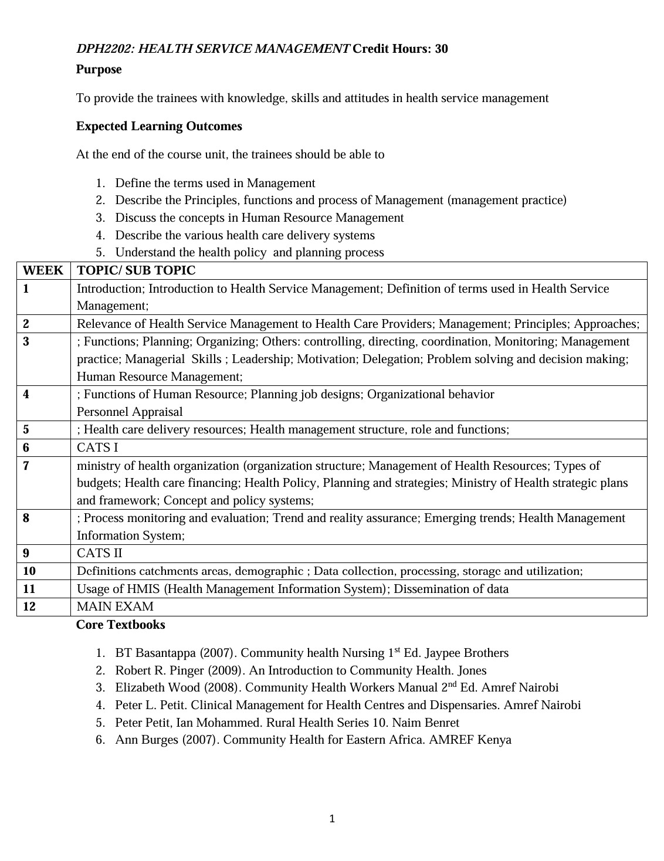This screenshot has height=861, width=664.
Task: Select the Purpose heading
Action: (99, 69)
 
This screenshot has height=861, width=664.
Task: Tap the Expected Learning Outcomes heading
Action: (159, 126)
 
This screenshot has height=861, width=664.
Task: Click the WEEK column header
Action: (43, 270)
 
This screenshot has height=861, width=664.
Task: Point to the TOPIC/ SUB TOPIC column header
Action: (136, 270)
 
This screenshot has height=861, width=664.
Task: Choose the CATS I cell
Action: (97, 448)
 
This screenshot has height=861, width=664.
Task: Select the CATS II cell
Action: (100, 553)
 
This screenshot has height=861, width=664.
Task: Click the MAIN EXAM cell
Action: (115, 606)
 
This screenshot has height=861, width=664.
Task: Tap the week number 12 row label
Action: (29, 606)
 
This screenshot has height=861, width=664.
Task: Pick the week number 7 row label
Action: (26, 466)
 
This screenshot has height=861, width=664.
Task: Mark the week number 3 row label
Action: (26, 341)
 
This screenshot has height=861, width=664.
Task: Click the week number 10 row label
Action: (29, 571)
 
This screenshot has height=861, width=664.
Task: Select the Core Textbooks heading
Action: (120, 625)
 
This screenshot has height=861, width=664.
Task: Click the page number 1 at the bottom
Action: (332, 819)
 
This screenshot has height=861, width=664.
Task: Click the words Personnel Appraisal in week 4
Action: (130, 412)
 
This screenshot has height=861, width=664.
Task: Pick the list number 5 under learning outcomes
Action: (100, 253)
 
